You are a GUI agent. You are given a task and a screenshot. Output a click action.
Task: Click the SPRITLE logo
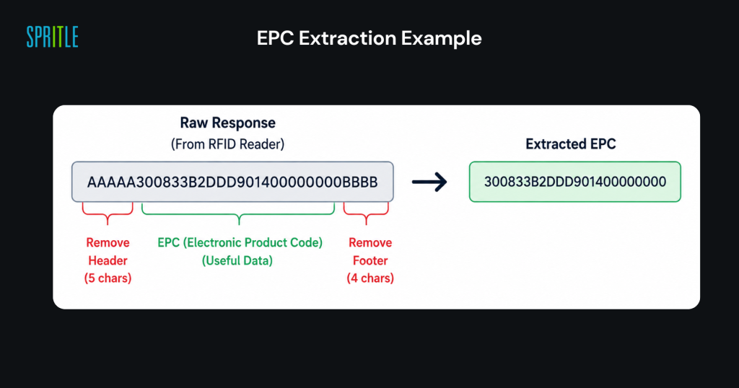52,38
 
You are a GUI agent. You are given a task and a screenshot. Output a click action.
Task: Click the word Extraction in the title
347,38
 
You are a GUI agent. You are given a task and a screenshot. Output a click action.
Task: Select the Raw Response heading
227,123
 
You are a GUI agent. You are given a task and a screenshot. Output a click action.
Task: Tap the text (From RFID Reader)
227,144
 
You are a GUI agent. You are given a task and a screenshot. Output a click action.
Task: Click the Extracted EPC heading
571,144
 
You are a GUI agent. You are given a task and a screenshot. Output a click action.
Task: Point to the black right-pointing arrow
429,182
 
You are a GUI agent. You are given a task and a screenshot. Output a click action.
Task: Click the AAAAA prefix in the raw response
112,182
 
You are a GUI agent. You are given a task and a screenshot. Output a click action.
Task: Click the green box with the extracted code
575,182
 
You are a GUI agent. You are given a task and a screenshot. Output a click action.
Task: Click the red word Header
108,260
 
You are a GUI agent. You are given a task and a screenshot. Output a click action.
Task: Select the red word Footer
370,260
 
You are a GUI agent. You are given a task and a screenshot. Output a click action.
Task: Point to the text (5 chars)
108,278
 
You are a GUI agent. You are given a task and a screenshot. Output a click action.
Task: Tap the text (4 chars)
370,278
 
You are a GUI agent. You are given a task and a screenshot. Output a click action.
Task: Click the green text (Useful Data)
237,261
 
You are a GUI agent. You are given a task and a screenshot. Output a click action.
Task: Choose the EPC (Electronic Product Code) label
240,243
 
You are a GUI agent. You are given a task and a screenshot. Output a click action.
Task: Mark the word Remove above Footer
370,243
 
